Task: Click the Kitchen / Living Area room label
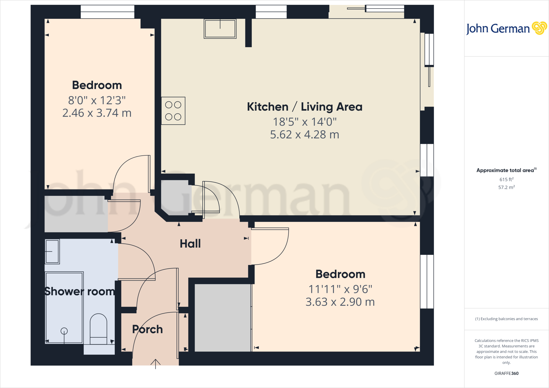pos(305,107)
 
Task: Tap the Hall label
pos(190,244)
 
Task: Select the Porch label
pos(147,329)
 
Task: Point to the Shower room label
pos(80,291)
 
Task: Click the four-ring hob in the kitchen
pos(173,111)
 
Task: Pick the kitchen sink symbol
pos(220,29)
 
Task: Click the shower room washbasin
pos(52,251)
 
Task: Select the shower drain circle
pos(64,331)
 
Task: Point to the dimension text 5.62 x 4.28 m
pos(305,135)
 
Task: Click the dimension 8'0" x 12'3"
pos(97,100)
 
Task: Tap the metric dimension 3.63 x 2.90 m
pos(340,302)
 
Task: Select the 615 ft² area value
pos(506,179)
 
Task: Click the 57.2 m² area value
pos(506,187)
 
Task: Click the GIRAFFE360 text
pos(506,373)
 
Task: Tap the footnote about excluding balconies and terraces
pos(506,319)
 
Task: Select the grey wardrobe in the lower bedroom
pos(222,318)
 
